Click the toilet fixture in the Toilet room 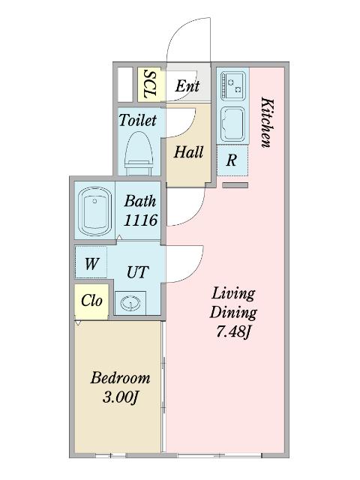[139, 154]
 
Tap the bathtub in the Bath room [94, 211]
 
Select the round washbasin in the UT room [130, 303]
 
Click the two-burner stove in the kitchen [233, 85]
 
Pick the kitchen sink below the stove [233, 124]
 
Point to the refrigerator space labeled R [232, 160]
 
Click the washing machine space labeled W [91, 262]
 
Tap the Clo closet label [91, 301]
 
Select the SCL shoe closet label [150, 85]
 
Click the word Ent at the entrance [187, 85]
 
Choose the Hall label [188, 151]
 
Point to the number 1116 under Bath [140, 220]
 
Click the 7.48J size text [234, 331]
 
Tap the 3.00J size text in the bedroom [120, 397]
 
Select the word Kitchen [266, 122]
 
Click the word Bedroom [120, 378]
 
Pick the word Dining [233, 313]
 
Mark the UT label [138, 271]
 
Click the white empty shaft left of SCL [125, 85]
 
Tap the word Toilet [138, 120]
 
